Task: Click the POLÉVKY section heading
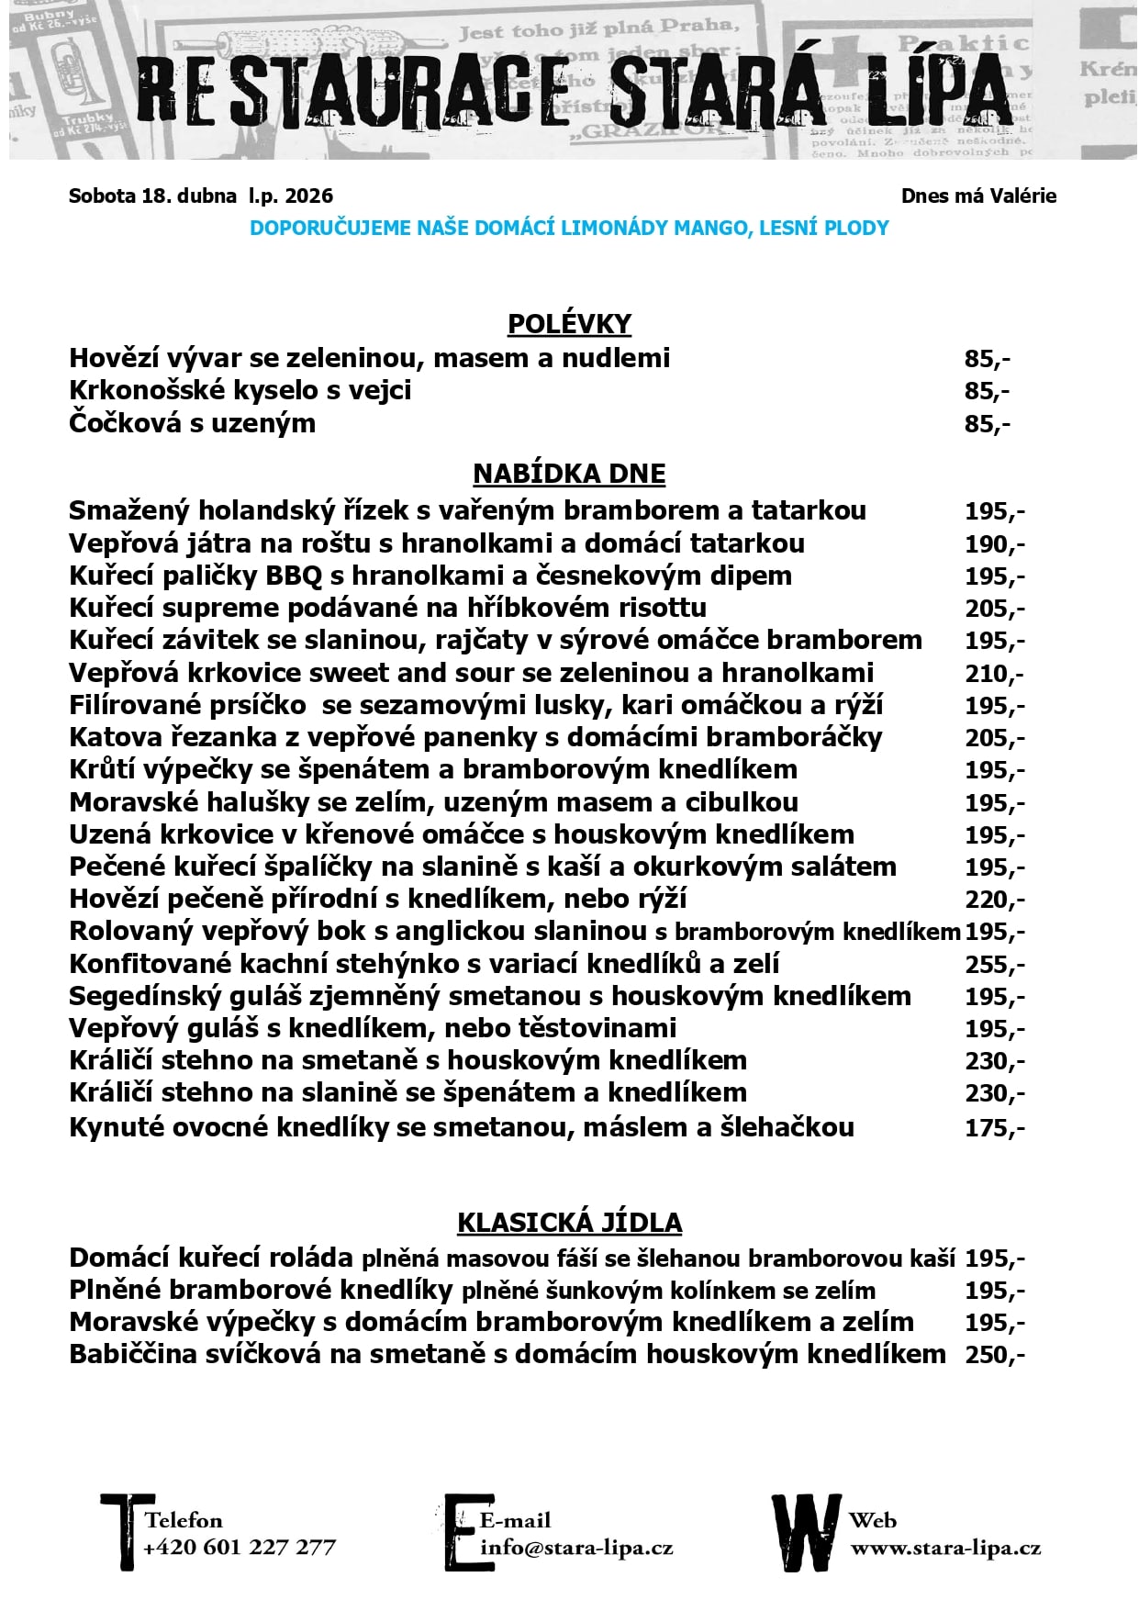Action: [x=569, y=324]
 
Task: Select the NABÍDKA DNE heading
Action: [x=569, y=474]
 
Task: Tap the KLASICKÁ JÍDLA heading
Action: [x=569, y=1223]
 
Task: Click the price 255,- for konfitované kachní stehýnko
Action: [x=994, y=965]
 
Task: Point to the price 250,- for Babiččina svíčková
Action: [x=994, y=1355]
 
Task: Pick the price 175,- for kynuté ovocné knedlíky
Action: [x=994, y=1128]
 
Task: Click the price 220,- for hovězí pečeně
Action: [x=994, y=900]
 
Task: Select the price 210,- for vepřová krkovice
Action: [x=994, y=674]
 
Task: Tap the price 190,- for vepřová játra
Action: [x=994, y=544]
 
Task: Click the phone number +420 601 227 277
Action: [x=240, y=1547]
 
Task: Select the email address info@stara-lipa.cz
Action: [x=576, y=1547]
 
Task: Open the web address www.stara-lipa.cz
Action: [x=945, y=1548]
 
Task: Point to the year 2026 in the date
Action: [x=309, y=196]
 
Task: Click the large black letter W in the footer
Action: [x=806, y=1533]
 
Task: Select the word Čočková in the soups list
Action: [x=124, y=423]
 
